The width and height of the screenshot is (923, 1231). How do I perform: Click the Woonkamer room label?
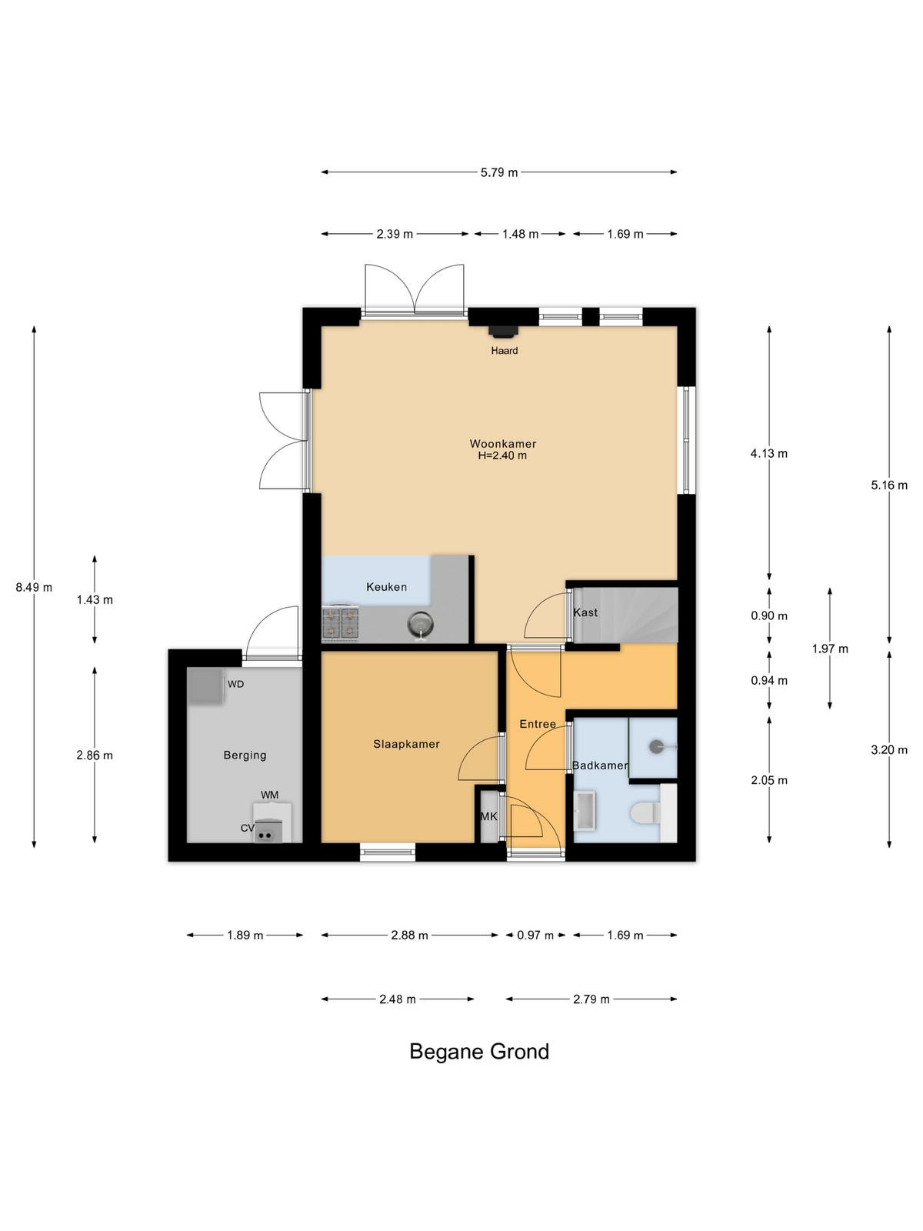[503, 444]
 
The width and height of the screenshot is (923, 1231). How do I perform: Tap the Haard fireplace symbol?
[502, 332]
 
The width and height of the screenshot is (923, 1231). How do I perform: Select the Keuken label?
[386, 586]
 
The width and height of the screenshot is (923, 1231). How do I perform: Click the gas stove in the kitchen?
[340, 623]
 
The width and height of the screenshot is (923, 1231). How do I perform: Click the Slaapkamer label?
[406, 744]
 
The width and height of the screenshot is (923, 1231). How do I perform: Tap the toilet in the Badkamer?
[646, 813]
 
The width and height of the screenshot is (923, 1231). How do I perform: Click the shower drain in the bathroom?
[656, 746]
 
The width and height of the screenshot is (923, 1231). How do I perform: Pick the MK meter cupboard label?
[488, 816]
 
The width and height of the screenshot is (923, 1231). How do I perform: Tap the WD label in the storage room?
[235, 684]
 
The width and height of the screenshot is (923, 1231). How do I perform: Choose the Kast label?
[585, 612]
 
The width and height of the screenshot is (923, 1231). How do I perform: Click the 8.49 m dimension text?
[34, 587]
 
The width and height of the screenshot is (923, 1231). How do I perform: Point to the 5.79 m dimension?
[498, 173]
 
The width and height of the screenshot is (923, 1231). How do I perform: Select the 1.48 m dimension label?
[520, 234]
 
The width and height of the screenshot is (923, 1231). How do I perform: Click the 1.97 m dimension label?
[830, 649]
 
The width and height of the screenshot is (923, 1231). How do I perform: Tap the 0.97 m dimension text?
[535, 935]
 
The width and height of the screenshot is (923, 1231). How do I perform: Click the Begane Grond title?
[479, 1052]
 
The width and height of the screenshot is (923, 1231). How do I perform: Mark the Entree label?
[538, 724]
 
